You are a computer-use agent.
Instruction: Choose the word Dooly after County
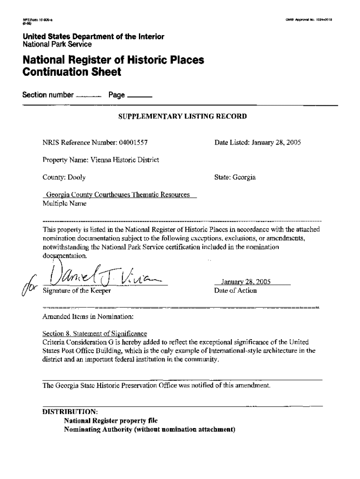click(x=77, y=178)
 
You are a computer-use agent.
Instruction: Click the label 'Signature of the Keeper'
click(x=77, y=290)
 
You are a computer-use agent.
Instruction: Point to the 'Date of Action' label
click(x=235, y=290)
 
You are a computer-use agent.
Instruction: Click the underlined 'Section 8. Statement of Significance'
click(x=95, y=334)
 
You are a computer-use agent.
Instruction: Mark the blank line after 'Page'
click(x=139, y=97)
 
